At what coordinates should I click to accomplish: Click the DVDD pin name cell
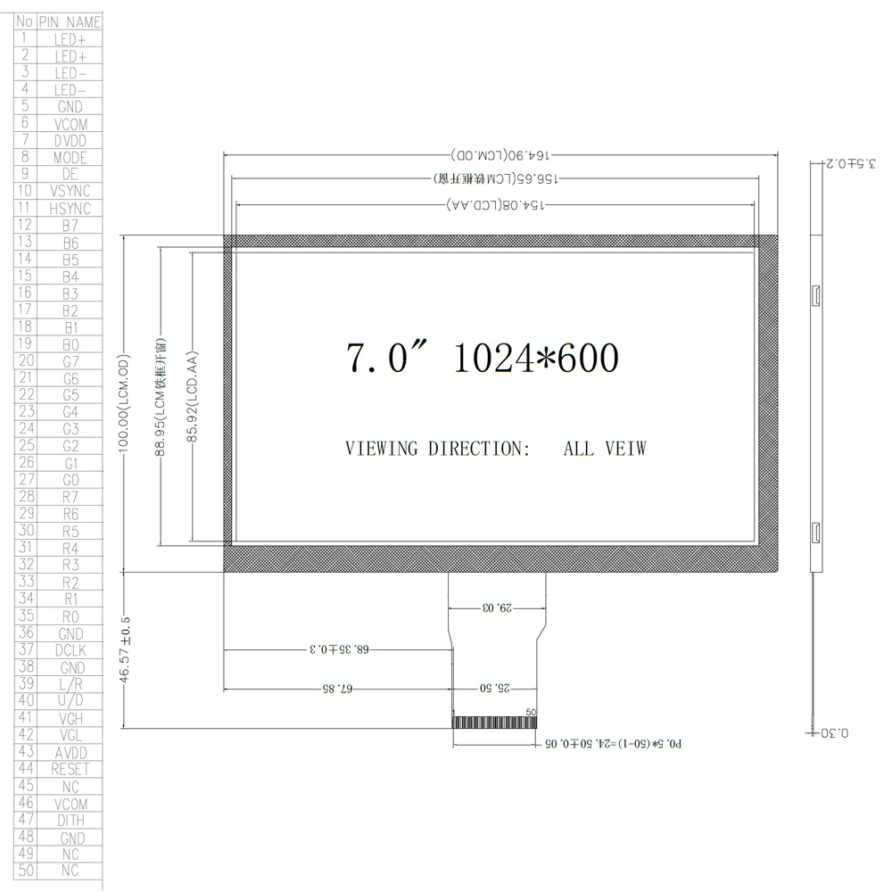(x=70, y=141)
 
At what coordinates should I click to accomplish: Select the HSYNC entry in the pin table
(x=70, y=209)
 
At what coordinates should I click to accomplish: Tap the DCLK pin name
(x=70, y=651)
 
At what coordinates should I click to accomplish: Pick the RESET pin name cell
(x=70, y=769)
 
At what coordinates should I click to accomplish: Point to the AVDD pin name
(x=70, y=753)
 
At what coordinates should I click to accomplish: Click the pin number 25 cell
(x=26, y=446)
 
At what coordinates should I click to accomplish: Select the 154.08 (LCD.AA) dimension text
(x=496, y=205)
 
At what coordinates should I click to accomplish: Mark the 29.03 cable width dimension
(x=497, y=608)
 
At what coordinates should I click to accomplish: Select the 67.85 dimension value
(x=337, y=690)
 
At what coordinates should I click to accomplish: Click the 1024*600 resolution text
(x=535, y=359)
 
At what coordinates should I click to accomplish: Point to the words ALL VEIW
(x=604, y=449)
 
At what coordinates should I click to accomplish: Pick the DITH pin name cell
(x=70, y=821)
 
